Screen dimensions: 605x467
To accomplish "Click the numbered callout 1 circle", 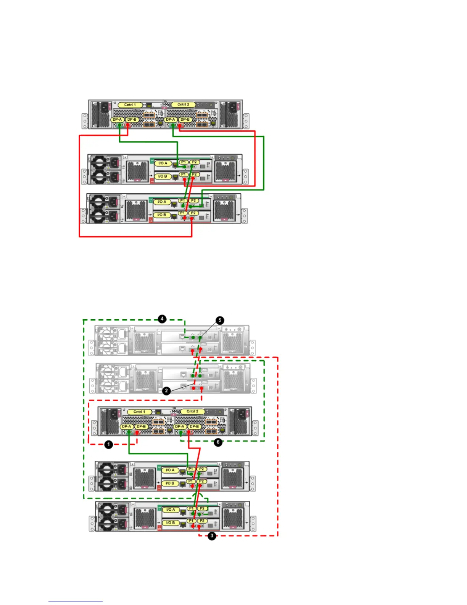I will point(109,445).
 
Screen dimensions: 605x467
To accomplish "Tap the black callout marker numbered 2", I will point(166,391).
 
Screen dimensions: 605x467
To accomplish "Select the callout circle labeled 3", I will point(212,536).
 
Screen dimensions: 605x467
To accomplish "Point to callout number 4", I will point(162,319).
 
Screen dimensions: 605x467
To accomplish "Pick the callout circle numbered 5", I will point(220,320).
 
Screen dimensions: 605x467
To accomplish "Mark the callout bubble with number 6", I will point(218,442).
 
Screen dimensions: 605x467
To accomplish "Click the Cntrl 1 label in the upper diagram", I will point(130,105).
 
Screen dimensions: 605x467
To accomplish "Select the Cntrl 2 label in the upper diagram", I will point(183,105).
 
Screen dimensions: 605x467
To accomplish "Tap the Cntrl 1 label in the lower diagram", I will point(139,412).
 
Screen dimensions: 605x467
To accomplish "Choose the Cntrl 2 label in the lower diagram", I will point(192,411).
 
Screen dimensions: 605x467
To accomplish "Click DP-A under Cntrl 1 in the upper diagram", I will point(118,120).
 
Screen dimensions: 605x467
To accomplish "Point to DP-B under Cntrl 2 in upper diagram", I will point(185,120).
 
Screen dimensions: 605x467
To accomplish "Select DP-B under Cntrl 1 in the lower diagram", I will point(141,427).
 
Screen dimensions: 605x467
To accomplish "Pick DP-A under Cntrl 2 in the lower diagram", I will point(179,427).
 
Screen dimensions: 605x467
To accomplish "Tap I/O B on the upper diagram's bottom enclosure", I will point(162,215).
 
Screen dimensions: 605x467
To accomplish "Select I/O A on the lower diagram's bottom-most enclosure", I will point(171,510).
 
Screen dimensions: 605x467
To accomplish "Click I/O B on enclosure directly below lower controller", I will point(170,483).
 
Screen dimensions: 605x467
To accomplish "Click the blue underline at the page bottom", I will point(75,602).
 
